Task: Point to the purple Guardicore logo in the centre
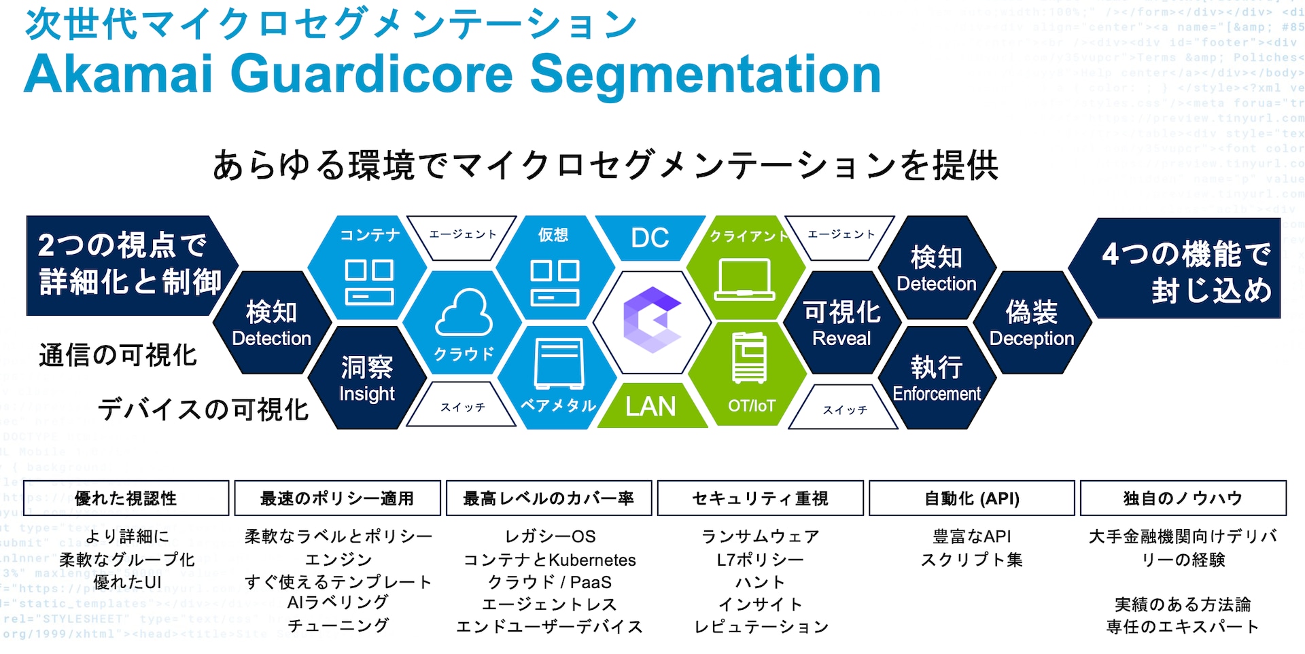651,320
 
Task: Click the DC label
650,238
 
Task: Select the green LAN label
650,406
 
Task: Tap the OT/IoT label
751,405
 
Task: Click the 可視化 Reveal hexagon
841,323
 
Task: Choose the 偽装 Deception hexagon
1031,323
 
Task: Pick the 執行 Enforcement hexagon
936,378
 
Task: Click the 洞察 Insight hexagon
367,378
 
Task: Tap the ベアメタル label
558,405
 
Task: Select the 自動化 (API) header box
971,498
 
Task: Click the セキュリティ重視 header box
760,498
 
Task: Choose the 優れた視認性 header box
126,498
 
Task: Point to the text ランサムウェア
760,537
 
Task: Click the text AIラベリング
338,602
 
